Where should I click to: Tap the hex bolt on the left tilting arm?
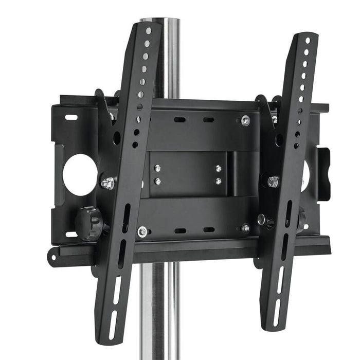(107, 183)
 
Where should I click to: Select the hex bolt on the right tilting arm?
(273, 181)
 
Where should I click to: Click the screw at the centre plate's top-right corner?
(245, 120)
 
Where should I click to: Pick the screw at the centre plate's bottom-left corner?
(142, 232)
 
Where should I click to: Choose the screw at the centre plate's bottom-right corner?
(245, 228)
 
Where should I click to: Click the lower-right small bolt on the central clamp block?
(218, 181)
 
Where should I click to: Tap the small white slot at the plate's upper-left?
(71, 117)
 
